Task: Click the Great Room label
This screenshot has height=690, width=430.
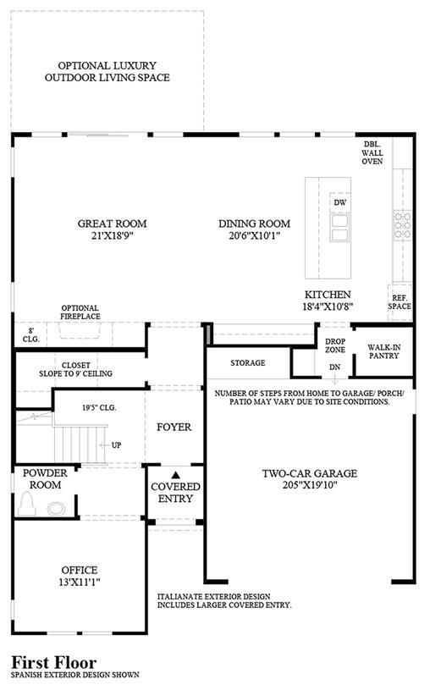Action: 113,224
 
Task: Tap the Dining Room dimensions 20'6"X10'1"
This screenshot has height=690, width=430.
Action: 255,235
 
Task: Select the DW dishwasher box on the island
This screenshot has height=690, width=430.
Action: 340,202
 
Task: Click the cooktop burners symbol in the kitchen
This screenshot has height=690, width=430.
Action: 402,225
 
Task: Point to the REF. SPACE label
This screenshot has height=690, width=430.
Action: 400,302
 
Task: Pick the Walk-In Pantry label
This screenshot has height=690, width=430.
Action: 384,351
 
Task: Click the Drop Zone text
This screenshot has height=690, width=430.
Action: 335,345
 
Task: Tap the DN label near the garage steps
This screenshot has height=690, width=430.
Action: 335,367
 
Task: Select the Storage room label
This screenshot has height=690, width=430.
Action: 248,363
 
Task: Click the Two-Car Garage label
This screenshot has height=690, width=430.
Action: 310,474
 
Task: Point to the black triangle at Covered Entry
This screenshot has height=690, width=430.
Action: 175,475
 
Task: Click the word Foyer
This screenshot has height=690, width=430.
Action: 174,427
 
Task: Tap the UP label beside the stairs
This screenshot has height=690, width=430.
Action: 116,444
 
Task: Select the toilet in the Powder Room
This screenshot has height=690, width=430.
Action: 26,504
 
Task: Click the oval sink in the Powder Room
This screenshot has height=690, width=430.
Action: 57,509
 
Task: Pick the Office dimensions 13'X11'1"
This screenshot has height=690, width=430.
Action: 80,582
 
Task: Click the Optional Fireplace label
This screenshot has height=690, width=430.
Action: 80,312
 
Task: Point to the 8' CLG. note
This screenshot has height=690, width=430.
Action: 31,335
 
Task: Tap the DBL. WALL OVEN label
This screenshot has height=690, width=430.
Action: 372,152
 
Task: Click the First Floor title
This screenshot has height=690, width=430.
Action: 53,663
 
